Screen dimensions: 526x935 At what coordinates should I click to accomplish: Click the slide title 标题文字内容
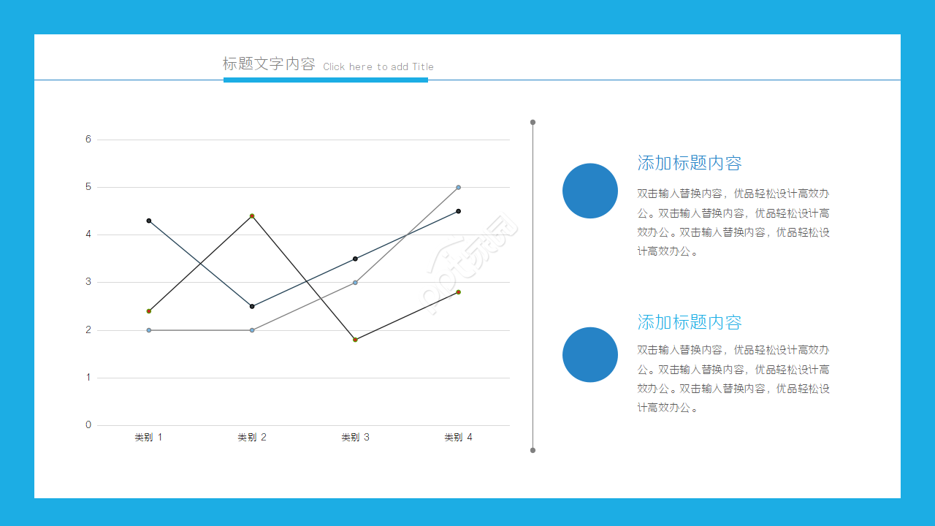coord(269,64)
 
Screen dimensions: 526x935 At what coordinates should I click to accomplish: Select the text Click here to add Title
coord(378,66)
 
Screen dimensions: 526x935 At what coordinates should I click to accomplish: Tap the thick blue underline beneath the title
coord(325,80)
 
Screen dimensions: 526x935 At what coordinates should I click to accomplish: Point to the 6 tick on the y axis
coord(88,139)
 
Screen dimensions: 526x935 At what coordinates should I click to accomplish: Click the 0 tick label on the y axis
coord(88,425)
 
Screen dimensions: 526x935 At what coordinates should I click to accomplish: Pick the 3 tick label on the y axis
coord(88,282)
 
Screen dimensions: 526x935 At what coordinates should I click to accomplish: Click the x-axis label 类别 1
coord(148,438)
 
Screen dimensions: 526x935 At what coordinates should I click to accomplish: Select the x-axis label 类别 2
coord(252,438)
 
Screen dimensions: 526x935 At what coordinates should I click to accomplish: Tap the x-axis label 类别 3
coord(355,438)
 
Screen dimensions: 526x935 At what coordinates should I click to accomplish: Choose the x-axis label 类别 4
coord(458,438)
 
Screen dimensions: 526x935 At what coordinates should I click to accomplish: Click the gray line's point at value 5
coord(458,187)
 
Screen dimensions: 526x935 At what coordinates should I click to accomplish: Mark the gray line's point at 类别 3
coord(355,282)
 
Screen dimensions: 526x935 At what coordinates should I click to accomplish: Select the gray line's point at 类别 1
coord(149,330)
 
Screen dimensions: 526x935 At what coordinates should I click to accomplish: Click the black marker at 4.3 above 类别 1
coord(149,221)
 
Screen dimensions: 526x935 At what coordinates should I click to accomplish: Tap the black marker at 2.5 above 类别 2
coord(252,306)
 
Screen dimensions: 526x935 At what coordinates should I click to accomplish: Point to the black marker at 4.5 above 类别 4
coord(458,211)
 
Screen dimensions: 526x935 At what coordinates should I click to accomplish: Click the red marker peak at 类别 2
coord(252,216)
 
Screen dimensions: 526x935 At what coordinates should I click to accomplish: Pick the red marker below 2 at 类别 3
coord(355,340)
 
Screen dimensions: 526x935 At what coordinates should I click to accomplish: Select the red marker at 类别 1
coord(149,311)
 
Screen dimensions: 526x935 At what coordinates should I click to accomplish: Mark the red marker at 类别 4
coord(458,292)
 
